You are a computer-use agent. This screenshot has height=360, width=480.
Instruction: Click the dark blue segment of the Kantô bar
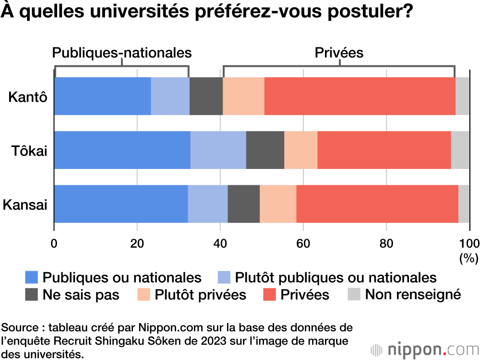[x=102, y=96]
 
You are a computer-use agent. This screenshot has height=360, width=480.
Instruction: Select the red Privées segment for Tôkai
[x=384, y=150]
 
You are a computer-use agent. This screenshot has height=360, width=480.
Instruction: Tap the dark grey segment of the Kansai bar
[x=244, y=204]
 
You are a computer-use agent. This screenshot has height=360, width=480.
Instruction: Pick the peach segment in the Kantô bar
[x=243, y=96]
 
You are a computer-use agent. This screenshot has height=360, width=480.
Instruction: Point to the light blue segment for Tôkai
[x=218, y=150]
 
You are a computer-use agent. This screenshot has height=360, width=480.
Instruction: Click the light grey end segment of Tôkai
[x=460, y=150]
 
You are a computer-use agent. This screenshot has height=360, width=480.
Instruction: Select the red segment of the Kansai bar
[x=377, y=204]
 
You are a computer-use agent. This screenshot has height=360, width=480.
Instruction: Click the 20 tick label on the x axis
[x=137, y=243]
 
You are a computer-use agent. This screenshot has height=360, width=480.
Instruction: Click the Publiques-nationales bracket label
[x=121, y=52]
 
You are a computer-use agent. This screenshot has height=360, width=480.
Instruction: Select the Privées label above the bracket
[x=339, y=52]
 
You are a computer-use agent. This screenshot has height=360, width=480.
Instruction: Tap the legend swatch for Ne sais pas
[x=32, y=294]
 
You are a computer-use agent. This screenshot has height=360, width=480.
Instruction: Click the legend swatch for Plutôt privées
[x=144, y=294]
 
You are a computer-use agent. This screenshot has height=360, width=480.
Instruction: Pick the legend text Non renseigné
[x=413, y=294]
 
